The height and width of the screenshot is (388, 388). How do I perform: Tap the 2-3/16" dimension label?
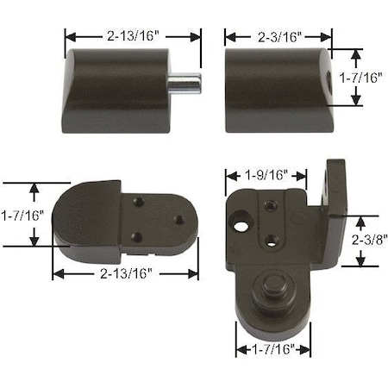[x=278, y=36]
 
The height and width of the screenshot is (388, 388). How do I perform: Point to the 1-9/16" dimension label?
[x=266, y=174]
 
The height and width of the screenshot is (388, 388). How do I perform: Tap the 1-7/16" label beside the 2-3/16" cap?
[x=361, y=76]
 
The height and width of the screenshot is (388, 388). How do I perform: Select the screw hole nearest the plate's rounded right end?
[x=178, y=220]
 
